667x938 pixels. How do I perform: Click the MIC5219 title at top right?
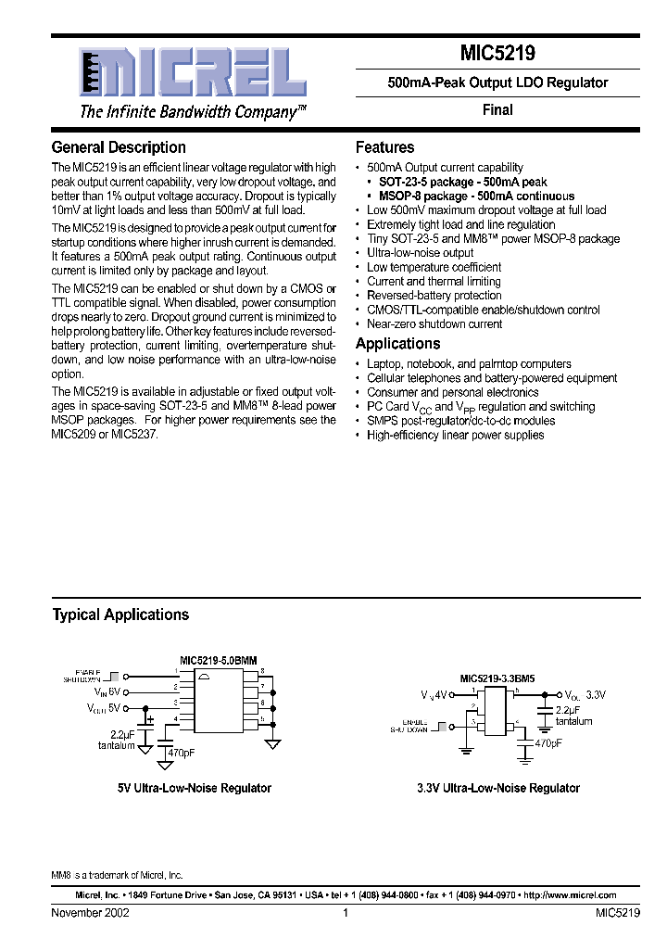497,55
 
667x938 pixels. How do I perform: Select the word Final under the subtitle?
497,109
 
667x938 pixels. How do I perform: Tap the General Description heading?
119,147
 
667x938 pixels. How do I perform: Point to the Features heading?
385,147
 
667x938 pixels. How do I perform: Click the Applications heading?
399,344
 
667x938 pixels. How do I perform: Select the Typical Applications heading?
120,615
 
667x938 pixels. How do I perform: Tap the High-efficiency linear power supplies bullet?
455,435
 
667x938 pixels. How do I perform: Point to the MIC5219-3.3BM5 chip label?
496,678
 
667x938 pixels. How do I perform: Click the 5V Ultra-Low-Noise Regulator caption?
194,788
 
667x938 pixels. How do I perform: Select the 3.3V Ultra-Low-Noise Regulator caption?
497,788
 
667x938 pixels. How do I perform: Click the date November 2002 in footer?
90,913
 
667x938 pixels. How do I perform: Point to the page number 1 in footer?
345,913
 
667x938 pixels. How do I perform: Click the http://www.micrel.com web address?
570,895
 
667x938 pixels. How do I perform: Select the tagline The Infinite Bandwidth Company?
193,112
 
